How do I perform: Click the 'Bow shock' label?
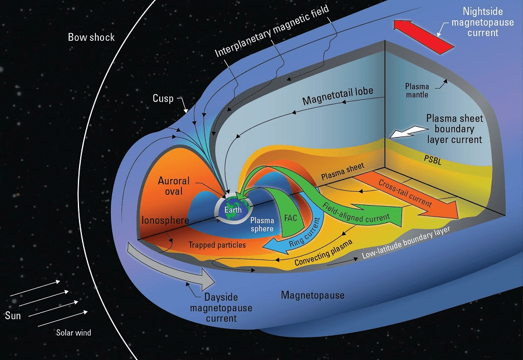[91, 37]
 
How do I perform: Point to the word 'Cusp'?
[163, 99]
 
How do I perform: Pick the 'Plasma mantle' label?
[417, 91]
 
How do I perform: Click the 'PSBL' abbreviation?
[432, 161]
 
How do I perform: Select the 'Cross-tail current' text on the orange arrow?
[405, 192]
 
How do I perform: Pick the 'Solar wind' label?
[73, 333]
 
